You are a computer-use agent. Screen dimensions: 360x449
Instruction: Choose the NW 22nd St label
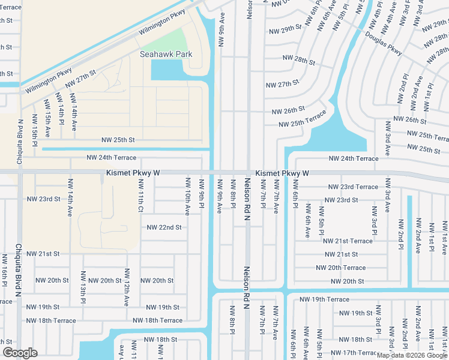[164, 227]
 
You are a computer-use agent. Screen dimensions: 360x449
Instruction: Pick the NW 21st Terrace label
[348, 241]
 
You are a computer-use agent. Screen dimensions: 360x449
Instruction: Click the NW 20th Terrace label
[340, 268]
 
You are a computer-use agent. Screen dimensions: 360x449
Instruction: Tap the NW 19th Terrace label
[324, 299]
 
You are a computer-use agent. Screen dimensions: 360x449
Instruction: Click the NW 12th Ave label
[127, 289]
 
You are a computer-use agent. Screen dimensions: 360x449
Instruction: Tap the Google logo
[20, 353]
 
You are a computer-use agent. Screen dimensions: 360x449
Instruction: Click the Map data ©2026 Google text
[411, 355]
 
